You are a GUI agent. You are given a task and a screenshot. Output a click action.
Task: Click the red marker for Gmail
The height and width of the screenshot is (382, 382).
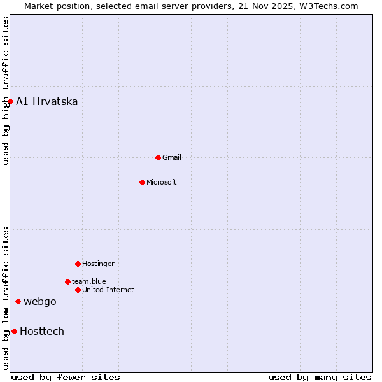(x=158, y=157)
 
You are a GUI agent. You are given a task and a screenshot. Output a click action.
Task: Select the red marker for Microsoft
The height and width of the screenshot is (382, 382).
(x=142, y=182)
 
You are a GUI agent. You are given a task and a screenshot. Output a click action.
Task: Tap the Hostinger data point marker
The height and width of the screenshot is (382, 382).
(x=78, y=264)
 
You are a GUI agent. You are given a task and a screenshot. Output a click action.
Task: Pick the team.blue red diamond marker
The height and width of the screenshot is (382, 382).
(x=67, y=281)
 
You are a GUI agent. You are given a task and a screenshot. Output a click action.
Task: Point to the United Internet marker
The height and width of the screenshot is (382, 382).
(x=78, y=290)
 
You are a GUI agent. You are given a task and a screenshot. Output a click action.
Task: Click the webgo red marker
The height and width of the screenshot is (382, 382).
(x=18, y=301)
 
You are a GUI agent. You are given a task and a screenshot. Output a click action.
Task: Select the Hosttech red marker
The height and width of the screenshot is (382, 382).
(x=14, y=331)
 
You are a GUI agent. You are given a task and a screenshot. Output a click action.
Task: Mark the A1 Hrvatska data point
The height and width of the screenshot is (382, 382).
(x=10, y=101)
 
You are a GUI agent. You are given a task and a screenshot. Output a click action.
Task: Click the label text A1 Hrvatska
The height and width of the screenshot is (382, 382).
(x=46, y=101)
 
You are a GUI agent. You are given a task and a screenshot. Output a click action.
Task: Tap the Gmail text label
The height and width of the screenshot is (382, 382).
(x=172, y=157)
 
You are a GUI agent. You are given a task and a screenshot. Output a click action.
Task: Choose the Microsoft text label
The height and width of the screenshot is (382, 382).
(x=161, y=182)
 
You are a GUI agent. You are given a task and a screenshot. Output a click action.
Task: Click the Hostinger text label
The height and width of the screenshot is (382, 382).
(x=98, y=264)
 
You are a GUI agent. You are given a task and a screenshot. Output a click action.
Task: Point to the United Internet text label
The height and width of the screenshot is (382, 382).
(x=108, y=290)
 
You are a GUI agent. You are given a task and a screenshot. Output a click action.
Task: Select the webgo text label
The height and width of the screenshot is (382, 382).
(x=39, y=301)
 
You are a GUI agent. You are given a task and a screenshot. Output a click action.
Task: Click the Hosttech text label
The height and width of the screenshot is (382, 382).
(x=41, y=331)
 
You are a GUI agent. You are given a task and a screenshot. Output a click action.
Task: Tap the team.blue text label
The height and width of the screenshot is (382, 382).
(x=88, y=281)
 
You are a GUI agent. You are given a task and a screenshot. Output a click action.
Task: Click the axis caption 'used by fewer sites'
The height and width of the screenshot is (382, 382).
(x=66, y=377)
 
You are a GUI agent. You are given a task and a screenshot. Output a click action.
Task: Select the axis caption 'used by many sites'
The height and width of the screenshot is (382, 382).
(x=320, y=377)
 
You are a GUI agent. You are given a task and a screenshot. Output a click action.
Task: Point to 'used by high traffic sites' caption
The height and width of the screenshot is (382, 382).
(x=6, y=90)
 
